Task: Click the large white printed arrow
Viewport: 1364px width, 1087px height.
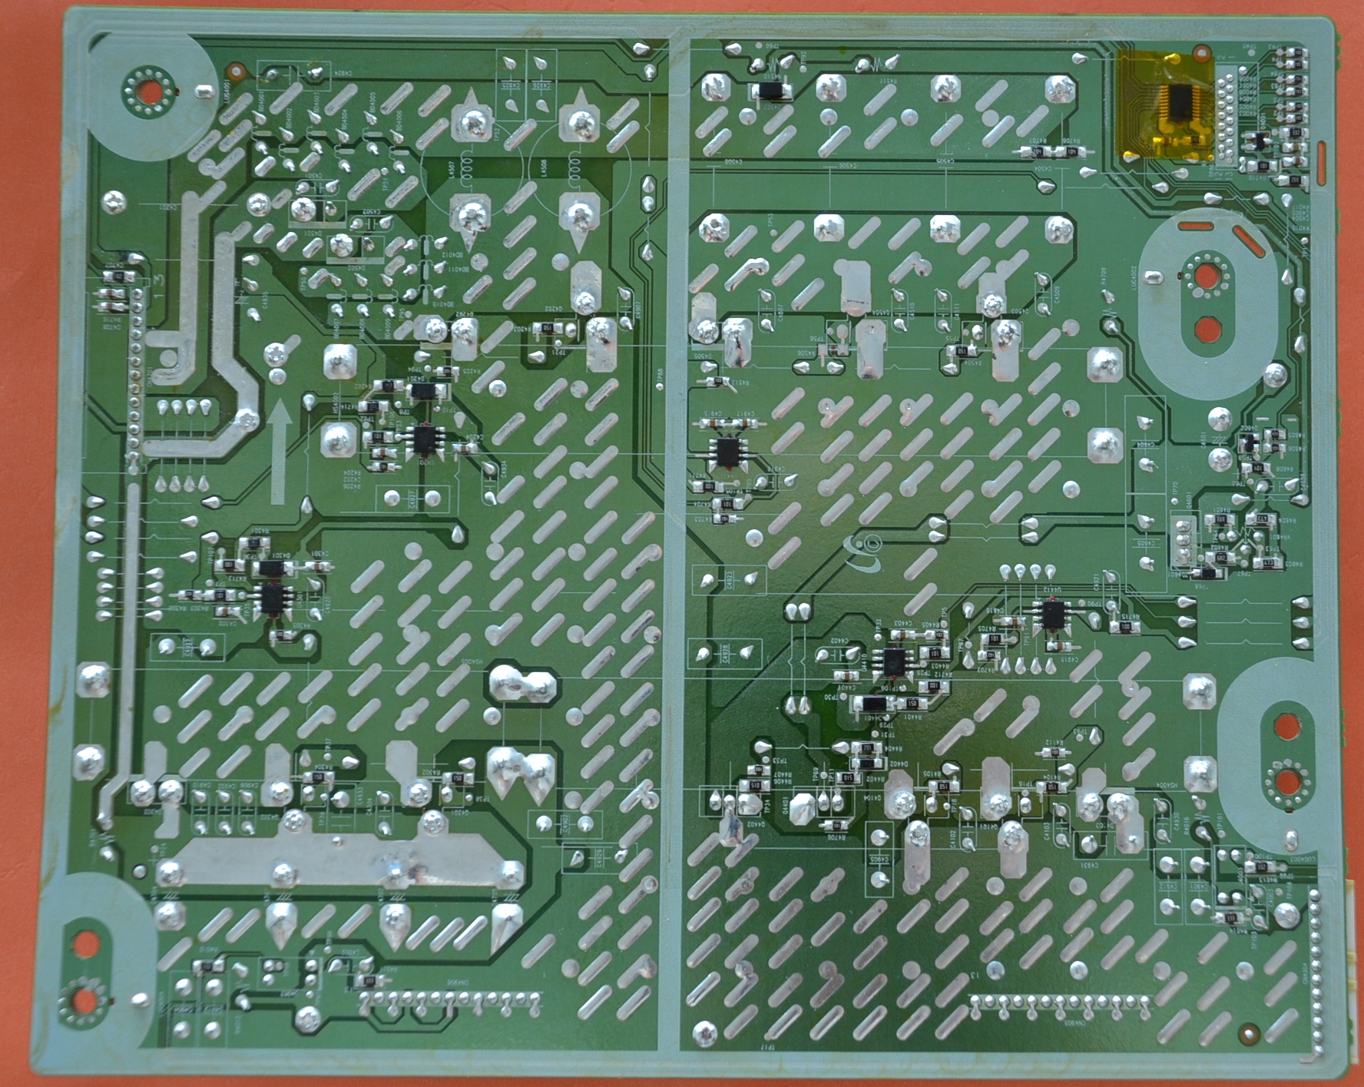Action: click(x=280, y=453)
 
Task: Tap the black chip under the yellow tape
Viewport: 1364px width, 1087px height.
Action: click(x=1177, y=101)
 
